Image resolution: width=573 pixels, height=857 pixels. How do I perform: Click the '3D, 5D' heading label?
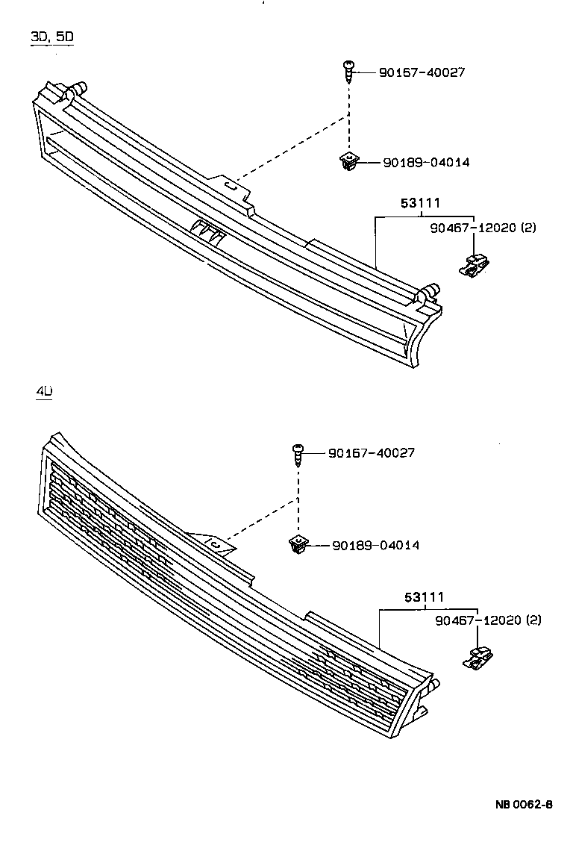(51, 37)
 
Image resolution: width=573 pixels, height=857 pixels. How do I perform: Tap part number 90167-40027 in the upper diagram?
(422, 72)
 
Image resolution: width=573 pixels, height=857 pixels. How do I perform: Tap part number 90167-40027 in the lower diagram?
(371, 452)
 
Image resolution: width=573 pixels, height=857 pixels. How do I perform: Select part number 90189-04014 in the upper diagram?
(426, 162)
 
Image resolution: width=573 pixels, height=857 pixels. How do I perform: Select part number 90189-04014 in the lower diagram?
(375, 545)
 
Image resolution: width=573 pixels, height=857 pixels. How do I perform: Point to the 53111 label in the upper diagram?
(421, 203)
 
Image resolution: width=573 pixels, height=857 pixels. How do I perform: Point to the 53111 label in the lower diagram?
(425, 596)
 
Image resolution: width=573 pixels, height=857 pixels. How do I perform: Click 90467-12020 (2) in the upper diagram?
(482, 227)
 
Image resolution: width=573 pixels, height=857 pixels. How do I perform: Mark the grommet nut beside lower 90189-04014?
(297, 546)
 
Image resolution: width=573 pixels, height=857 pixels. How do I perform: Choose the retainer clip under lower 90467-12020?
(477, 658)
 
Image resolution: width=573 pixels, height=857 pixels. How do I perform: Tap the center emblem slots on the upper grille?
(207, 232)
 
